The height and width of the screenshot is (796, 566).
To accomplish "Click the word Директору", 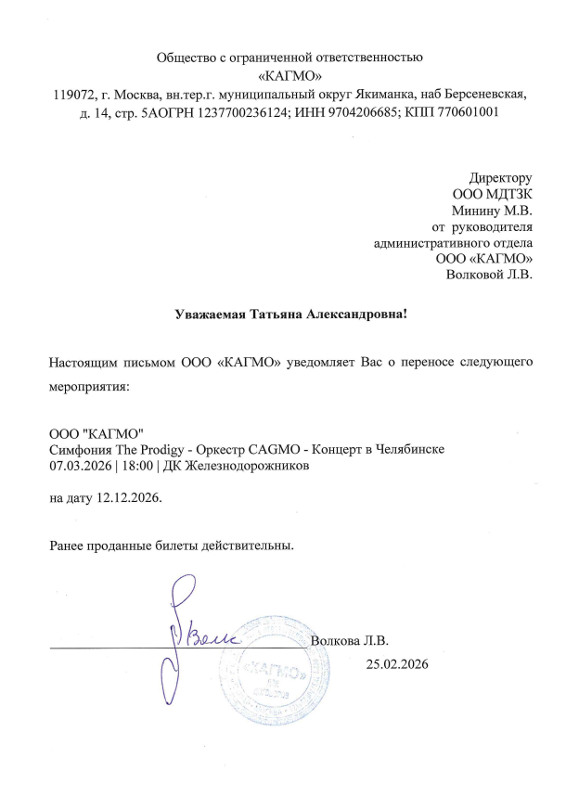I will [500, 177].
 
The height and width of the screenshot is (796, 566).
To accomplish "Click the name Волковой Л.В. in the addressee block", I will [489, 275].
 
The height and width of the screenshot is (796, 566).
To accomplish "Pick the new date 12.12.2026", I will [129, 498].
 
